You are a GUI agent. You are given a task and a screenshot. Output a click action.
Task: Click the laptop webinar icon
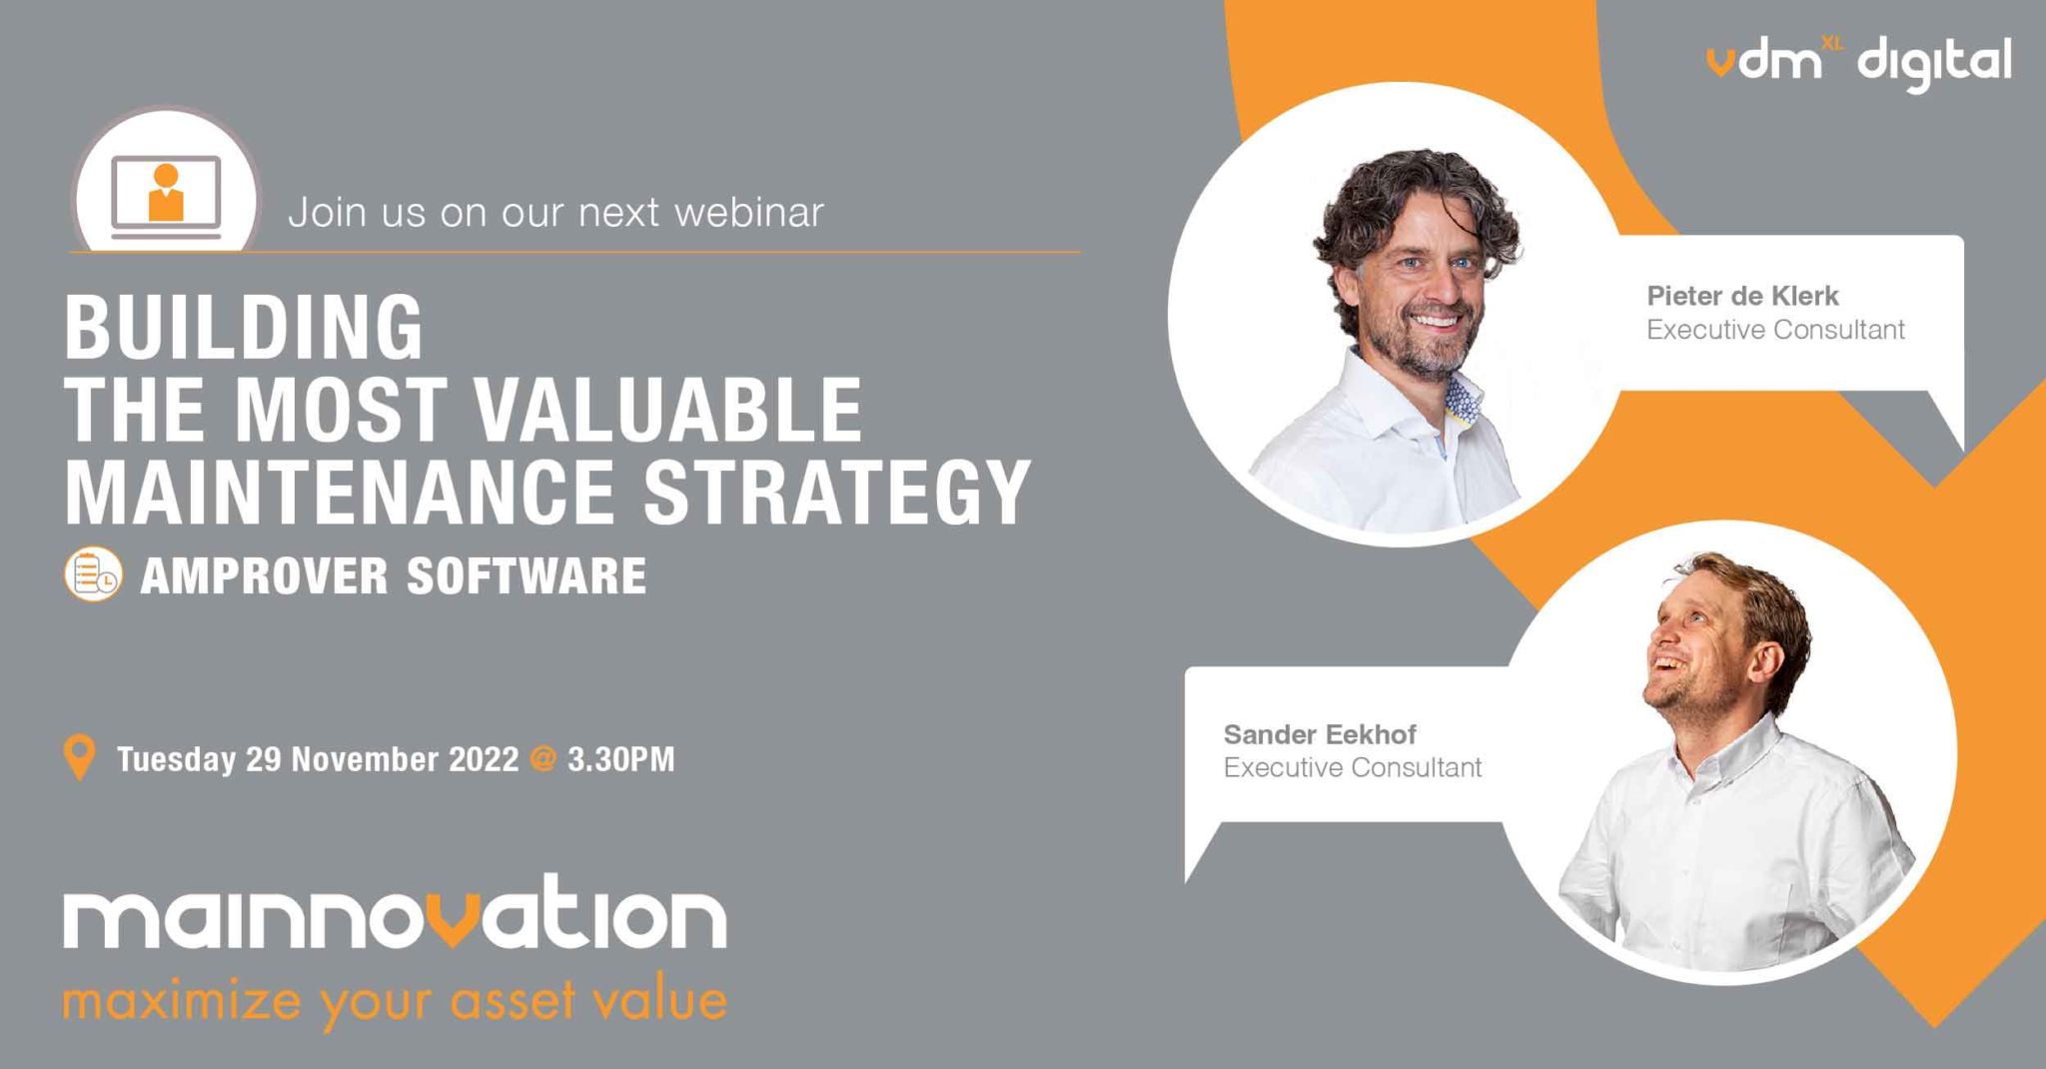tap(166, 196)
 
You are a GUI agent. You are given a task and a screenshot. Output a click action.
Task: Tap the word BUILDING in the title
tap(244, 328)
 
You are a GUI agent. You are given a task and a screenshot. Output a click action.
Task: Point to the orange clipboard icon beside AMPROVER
tap(93, 574)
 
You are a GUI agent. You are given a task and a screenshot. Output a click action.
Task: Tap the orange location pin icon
tap(79, 757)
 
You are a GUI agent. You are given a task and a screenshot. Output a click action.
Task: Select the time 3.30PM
tap(621, 759)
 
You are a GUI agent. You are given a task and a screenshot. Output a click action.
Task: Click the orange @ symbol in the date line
tap(542, 759)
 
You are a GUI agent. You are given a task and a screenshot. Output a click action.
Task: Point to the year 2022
tap(484, 759)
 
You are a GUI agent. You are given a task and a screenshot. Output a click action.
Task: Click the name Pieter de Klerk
tap(1742, 296)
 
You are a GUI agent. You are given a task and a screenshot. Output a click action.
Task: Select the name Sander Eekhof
tap(1319, 734)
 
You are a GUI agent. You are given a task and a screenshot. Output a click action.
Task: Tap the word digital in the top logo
tap(1934, 64)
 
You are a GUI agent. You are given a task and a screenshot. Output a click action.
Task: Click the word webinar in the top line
tap(749, 212)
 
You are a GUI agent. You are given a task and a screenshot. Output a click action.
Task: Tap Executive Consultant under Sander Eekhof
tap(1352, 767)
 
